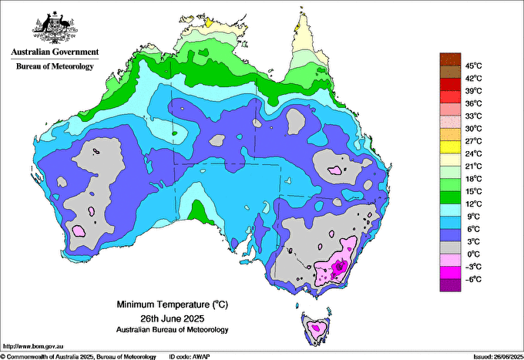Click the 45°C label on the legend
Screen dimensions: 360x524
pos(473,66)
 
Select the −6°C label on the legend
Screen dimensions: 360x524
pos(472,279)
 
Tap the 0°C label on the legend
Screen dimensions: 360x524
pos(472,254)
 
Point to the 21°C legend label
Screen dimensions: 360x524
pos(473,166)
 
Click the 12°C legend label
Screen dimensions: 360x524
pos(473,204)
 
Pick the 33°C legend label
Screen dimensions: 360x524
pos(473,116)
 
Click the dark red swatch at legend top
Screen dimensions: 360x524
pos(449,59)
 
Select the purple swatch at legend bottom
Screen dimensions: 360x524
pos(449,285)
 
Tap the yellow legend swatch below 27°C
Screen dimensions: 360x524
pos(449,146)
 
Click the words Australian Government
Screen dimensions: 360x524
pos(54,52)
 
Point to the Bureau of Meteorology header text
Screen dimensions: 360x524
pos(54,66)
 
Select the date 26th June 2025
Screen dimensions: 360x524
pos(172,318)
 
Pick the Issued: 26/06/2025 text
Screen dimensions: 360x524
pos(494,355)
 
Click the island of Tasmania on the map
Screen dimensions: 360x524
pos(316,326)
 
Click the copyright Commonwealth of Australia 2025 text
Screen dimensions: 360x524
pos(77,355)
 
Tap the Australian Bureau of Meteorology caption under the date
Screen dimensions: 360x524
pos(172,330)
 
